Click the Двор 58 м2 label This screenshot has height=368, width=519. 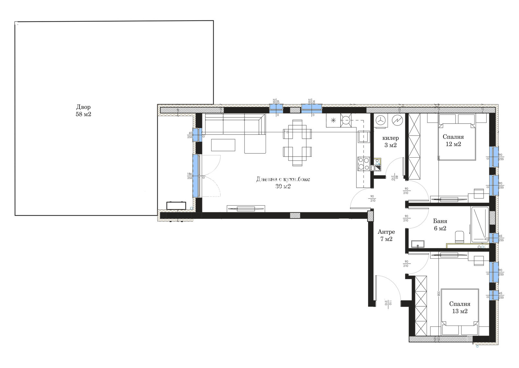point(83,111)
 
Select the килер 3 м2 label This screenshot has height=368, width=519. point(391,142)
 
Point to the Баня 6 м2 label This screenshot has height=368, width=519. point(440,225)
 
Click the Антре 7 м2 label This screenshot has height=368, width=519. point(386,235)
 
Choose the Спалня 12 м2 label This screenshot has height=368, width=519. point(453,140)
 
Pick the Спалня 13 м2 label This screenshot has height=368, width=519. point(460,307)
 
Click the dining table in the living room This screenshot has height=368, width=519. point(297,143)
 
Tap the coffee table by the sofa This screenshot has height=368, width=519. point(223,145)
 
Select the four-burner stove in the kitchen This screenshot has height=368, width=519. point(363,164)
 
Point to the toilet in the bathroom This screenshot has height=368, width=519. point(459,237)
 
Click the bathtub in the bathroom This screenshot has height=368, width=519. point(480,224)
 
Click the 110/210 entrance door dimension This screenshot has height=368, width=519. point(388,303)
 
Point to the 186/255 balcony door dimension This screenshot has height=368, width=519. point(189,176)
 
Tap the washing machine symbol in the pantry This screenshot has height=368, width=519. point(381,120)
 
